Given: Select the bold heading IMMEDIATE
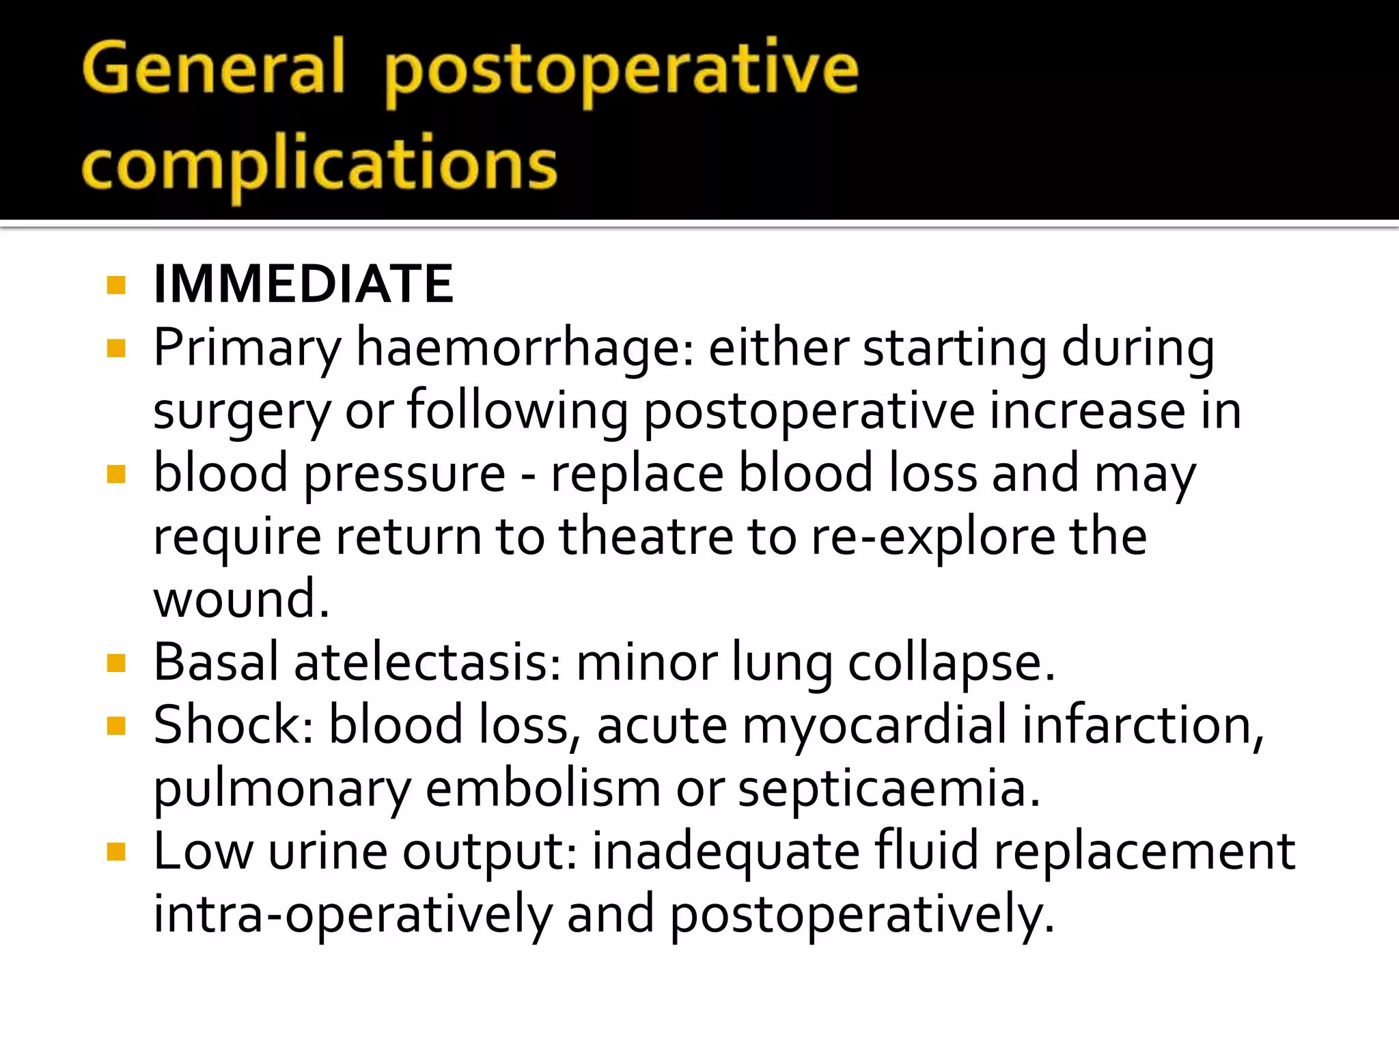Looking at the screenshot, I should pyautogui.click(x=303, y=284).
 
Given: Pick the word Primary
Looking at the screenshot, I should pyautogui.click(x=247, y=348).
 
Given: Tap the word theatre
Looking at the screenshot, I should pyautogui.click(x=646, y=536).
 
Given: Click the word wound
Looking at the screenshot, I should pyautogui.click(x=241, y=599).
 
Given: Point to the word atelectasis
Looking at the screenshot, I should pyautogui.click(x=428, y=662).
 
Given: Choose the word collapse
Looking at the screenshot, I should pyautogui.click(x=951, y=663).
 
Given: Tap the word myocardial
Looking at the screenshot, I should pyautogui.click(x=874, y=725).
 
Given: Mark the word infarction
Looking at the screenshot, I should pyautogui.click(x=1142, y=725).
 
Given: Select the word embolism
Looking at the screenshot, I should pyautogui.click(x=543, y=789).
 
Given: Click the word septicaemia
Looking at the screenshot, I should pyautogui.click(x=889, y=789).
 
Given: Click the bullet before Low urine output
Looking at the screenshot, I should pyautogui.click(x=117, y=852).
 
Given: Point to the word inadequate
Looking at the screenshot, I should pyautogui.click(x=725, y=852).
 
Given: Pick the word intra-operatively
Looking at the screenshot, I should pyautogui.click(x=352, y=914).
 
